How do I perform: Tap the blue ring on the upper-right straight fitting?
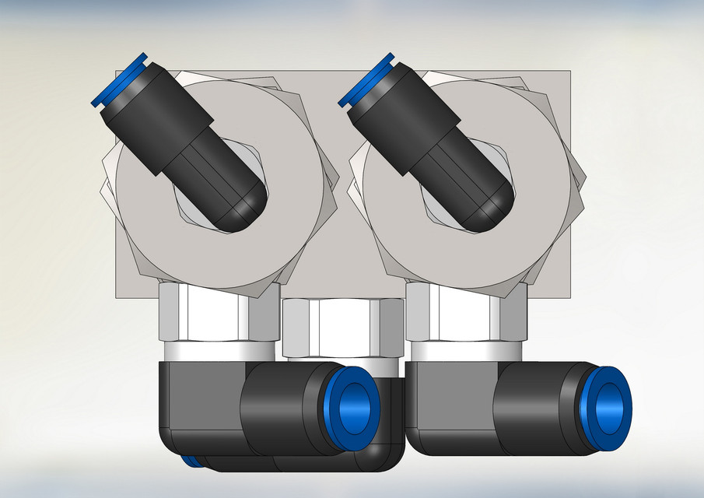(365, 80)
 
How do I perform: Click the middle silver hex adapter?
(341, 328)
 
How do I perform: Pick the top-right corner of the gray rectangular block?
(572, 73)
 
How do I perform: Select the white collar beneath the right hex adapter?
(465, 351)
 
